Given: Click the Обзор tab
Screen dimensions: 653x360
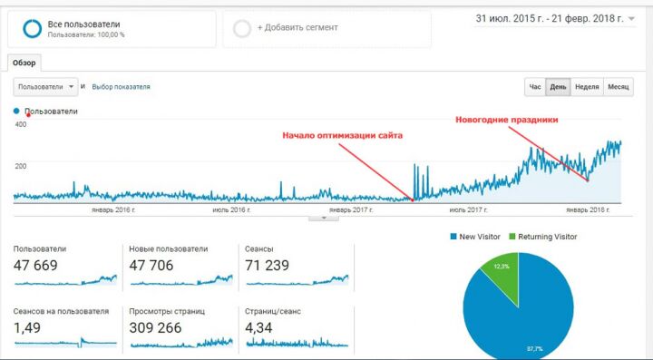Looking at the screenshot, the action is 24,63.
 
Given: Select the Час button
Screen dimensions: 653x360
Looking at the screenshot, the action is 535,87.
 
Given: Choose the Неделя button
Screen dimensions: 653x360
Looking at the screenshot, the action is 587,87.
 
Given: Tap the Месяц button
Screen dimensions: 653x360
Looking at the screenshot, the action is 618,87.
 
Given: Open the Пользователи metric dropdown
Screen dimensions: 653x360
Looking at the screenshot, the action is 46,87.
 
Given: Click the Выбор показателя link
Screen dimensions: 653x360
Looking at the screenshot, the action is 121,87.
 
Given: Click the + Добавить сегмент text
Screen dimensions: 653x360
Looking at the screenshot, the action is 297,28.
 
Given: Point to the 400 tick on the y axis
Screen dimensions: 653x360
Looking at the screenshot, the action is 21,124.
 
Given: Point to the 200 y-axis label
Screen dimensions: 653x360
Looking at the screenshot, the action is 21,166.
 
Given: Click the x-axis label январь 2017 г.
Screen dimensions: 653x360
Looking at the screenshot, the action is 351,210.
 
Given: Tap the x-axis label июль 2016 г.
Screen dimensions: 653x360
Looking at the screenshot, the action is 231,210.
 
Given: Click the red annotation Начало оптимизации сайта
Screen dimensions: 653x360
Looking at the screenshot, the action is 343,135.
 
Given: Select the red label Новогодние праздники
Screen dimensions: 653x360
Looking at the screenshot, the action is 507,120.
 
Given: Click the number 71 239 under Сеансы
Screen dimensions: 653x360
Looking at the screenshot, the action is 267,266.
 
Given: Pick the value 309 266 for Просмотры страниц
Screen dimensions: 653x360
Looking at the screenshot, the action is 155,328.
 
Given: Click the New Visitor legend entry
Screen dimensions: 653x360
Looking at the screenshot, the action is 475,237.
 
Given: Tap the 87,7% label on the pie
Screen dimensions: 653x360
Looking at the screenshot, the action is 531,348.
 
